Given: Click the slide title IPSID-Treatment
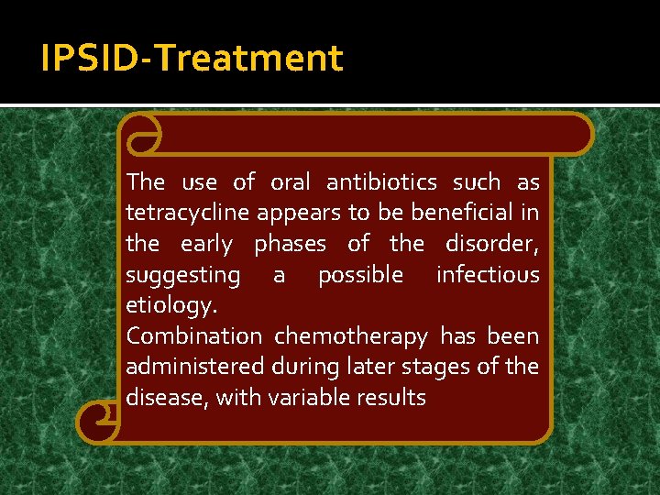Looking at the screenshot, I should (192, 59).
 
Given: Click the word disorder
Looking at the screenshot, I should (492, 244).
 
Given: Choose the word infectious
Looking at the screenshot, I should (488, 274).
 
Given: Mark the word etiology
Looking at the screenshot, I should (170, 306).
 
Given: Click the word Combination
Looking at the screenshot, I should (194, 336).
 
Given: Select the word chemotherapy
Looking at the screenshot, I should (351, 337).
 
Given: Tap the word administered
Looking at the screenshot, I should (195, 367).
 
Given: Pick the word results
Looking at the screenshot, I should (393, 397).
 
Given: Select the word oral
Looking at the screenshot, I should (291, 182).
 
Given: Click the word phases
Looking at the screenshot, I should (290, 245).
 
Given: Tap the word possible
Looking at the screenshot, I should (360, 275).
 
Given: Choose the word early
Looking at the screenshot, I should (206, 245).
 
